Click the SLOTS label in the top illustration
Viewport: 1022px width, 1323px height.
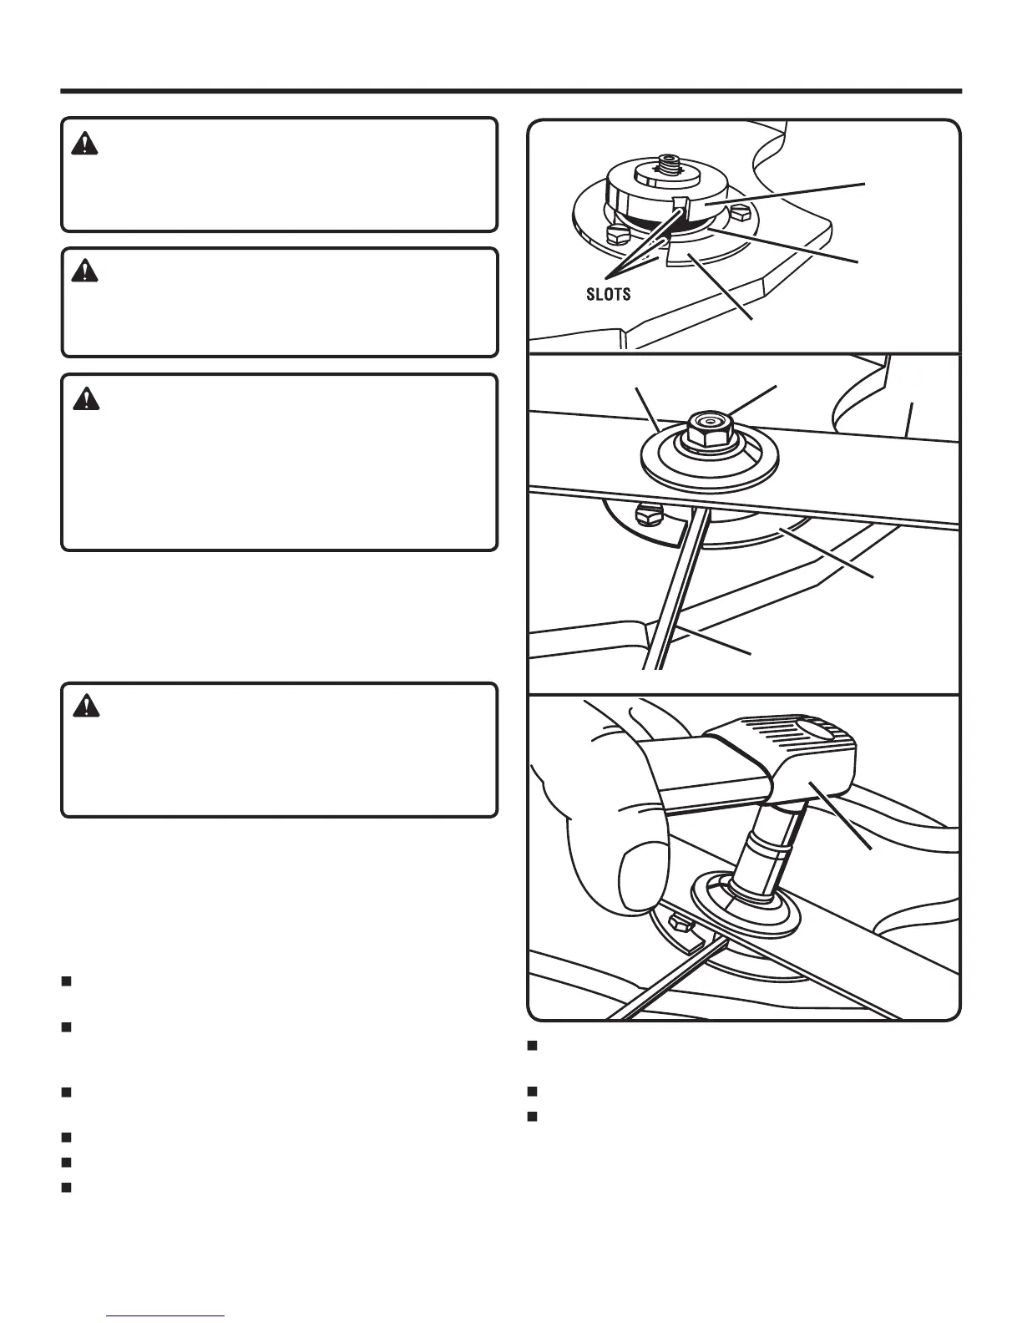608,295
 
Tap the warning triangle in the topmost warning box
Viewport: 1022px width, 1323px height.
85,144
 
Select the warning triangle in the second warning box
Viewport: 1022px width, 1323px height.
85,271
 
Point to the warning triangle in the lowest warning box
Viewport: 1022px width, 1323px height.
85,707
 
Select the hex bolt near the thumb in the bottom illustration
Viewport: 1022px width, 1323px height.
679,924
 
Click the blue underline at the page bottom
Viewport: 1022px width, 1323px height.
166,1315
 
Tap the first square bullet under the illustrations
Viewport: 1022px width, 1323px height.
533,1045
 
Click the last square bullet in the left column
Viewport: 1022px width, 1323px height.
66,1187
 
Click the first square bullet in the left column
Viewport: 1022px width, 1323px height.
66,981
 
